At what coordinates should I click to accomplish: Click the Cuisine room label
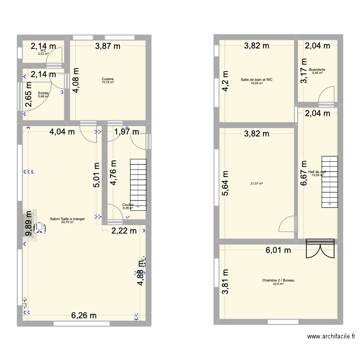(x=108, y=79)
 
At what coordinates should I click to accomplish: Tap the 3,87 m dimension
(x=108, y=46)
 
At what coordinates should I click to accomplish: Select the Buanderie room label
(x=317, y=70)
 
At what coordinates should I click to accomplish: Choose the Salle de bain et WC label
(x=256, y=80)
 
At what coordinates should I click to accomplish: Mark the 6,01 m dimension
(x=279, y=250)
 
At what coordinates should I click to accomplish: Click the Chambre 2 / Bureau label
(x=278, y=280)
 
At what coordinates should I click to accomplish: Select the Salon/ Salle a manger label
(x=67, y=219)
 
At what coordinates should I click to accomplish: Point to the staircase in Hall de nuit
(x=330, y=181)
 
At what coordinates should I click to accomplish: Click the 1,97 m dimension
(x=126, y=132)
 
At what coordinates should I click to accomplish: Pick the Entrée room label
(x=44, y=93)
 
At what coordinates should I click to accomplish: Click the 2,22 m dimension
(x=124, y=231)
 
